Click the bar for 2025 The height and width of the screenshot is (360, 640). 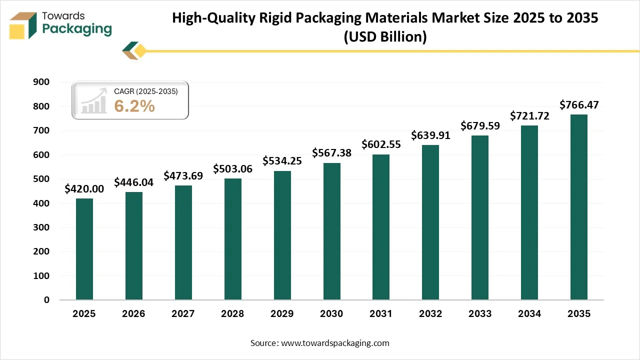pos(84,249)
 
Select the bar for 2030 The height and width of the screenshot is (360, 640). pos(331,231)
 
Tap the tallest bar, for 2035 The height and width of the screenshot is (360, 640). pos(579,207)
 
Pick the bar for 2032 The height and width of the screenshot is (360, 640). pos(430,222)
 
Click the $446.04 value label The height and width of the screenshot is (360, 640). pos(133,182)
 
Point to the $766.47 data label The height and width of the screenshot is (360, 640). pos(579,105)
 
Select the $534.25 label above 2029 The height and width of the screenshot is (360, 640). pos(282,161)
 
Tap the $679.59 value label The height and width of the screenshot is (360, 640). pos(480,125)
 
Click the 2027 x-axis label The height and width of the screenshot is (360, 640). pos(183,314)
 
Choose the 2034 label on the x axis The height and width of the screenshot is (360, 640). pos(529,314)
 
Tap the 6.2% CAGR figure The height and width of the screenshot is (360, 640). pos(134,106)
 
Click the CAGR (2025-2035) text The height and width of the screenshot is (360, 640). pos(145,91)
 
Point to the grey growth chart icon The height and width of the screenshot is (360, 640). pos(94,100)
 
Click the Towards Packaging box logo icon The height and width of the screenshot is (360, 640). pos(23,25)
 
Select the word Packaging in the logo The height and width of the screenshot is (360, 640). pos(77,29)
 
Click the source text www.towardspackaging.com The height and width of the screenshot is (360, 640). pos(335,343)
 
